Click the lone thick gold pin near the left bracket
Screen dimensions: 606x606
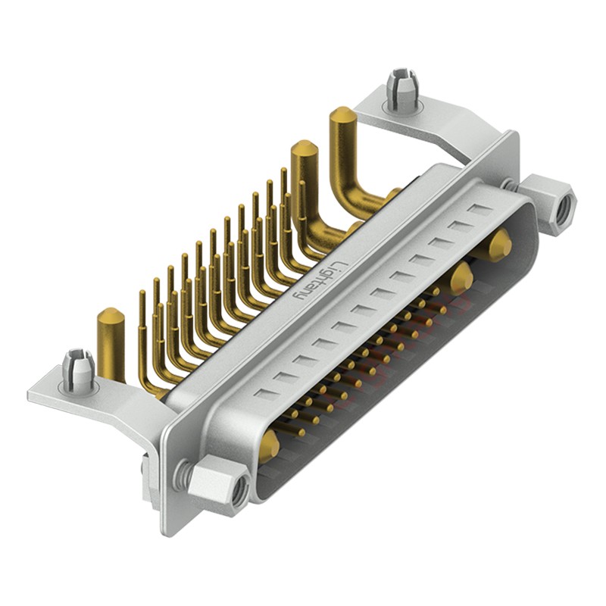(x=111, y=341)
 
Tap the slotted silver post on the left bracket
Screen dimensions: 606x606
(x=78, y=368)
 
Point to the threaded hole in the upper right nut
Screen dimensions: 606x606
(x=561, y=211)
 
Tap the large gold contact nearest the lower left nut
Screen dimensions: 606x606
(x=268, y=447)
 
